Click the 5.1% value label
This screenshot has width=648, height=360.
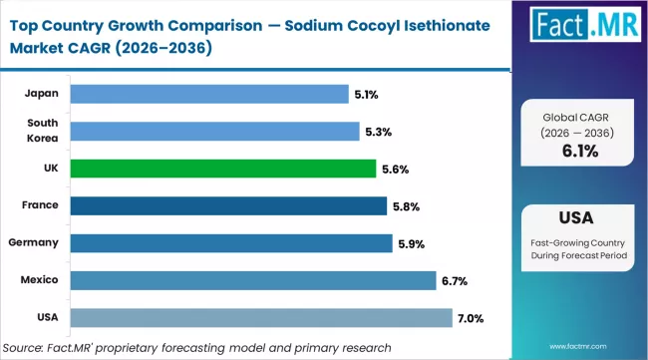(365, 95)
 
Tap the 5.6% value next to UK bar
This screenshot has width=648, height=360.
(396, 169)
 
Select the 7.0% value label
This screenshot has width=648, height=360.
(471, 318)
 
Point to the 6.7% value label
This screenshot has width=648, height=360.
(456, 281)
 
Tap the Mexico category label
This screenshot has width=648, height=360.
(39, 280)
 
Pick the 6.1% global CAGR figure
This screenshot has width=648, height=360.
(579, 151)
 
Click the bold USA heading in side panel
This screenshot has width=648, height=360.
(579, 218)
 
